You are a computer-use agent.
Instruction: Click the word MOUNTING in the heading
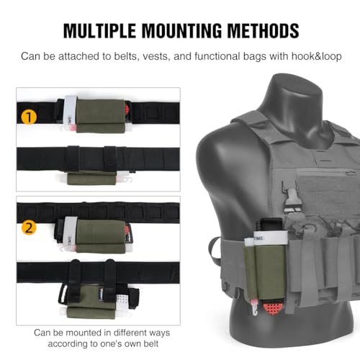182,30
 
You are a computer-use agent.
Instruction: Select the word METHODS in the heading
263,30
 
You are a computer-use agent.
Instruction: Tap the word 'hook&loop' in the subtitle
316,56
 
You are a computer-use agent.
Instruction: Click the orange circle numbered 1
29,117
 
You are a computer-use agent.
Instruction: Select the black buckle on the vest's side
290,199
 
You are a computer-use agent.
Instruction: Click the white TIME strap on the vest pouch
271,238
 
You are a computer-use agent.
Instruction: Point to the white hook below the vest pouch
254,307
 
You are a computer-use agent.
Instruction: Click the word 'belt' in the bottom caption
151,343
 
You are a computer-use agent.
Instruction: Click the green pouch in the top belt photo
101,116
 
